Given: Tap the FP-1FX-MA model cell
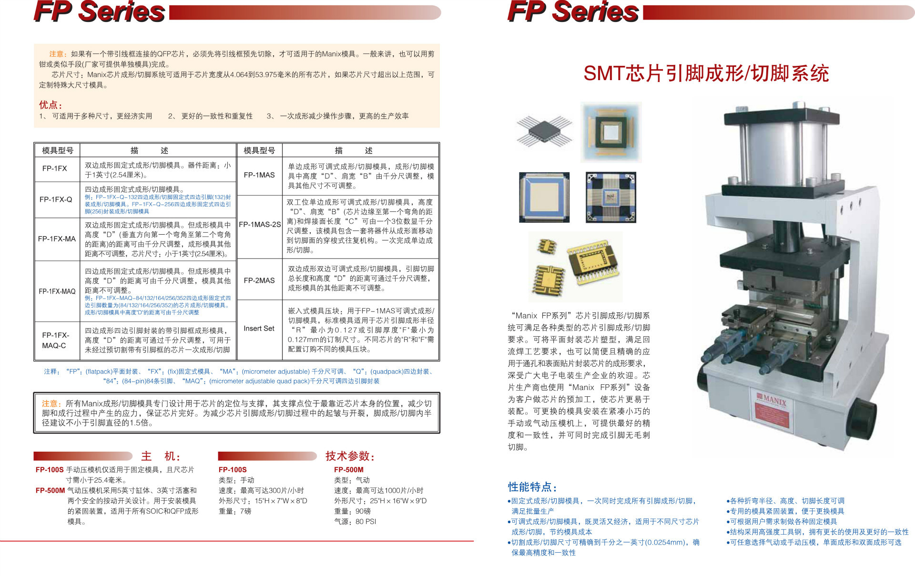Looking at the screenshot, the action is [57, 239].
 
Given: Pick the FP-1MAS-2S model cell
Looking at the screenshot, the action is [259, 225].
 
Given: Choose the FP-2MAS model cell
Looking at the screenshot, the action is [259, 280].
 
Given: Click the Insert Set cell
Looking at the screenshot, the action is [259, 329].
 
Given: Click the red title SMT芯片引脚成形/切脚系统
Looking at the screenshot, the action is [706, 73].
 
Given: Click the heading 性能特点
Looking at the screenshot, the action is [532, 487].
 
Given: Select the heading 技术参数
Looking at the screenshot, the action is [350, 456].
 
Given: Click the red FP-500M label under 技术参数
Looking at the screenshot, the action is [349, 470].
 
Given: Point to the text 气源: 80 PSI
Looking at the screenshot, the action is [355, 522].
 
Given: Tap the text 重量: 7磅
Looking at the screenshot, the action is [235, 511].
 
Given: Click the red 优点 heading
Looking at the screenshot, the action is [51, 105].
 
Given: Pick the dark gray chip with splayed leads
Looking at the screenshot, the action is [545, 130].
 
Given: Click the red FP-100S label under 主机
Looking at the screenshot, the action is [50, 470].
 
